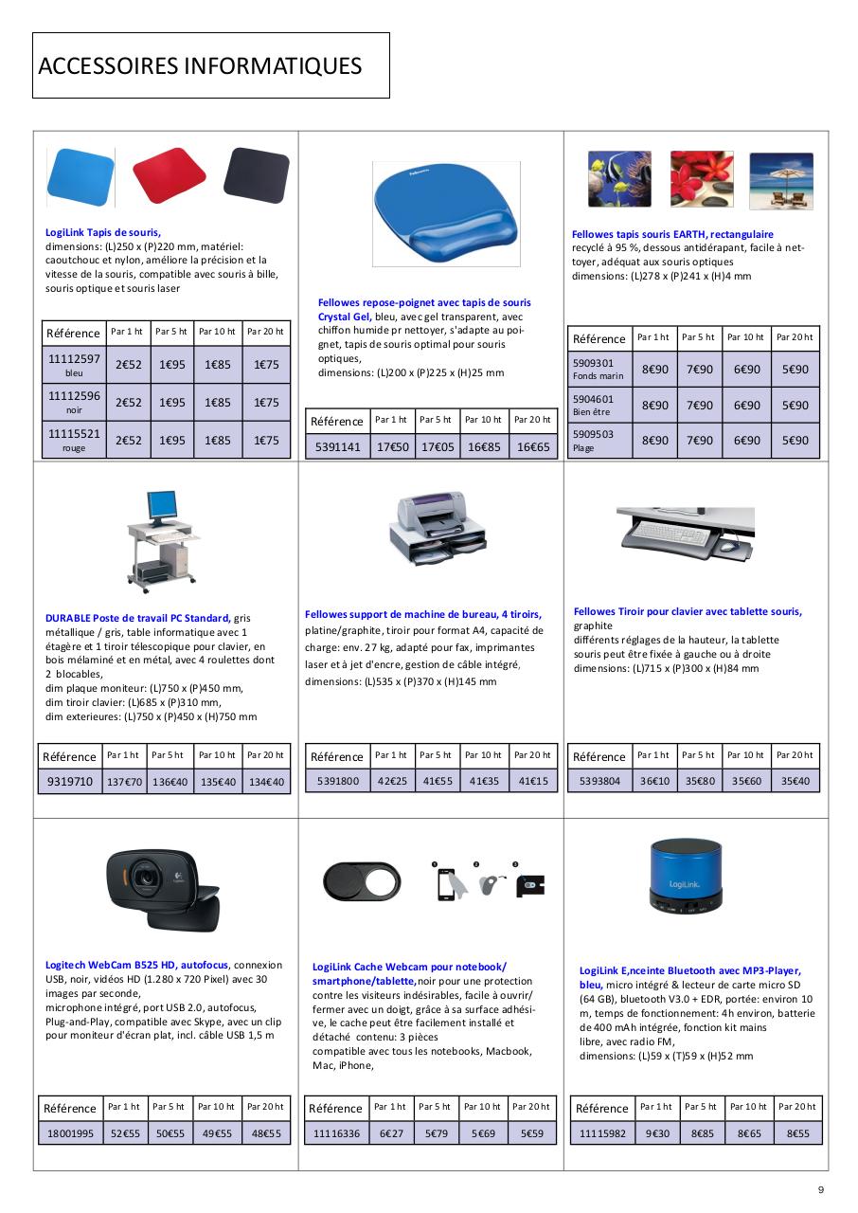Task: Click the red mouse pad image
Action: [x=169, y=174]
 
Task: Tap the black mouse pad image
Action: [x=256, y=175]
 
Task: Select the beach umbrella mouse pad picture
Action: [x=781, y=180]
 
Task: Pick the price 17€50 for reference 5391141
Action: [x=393, y=446]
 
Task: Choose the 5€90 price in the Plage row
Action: [x=795, y=441]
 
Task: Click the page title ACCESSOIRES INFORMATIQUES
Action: [x=200, y=65]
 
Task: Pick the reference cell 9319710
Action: [x=70, y=782]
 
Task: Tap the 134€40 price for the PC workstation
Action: [x=265, y=782]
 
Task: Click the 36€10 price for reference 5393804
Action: [x=653, y=782]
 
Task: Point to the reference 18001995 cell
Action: [x=71, y=1133]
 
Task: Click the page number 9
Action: [x=821, y=1191]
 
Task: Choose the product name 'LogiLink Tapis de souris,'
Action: [x=103, y=232]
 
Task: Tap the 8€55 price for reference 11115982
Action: [x=797, y=1133]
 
